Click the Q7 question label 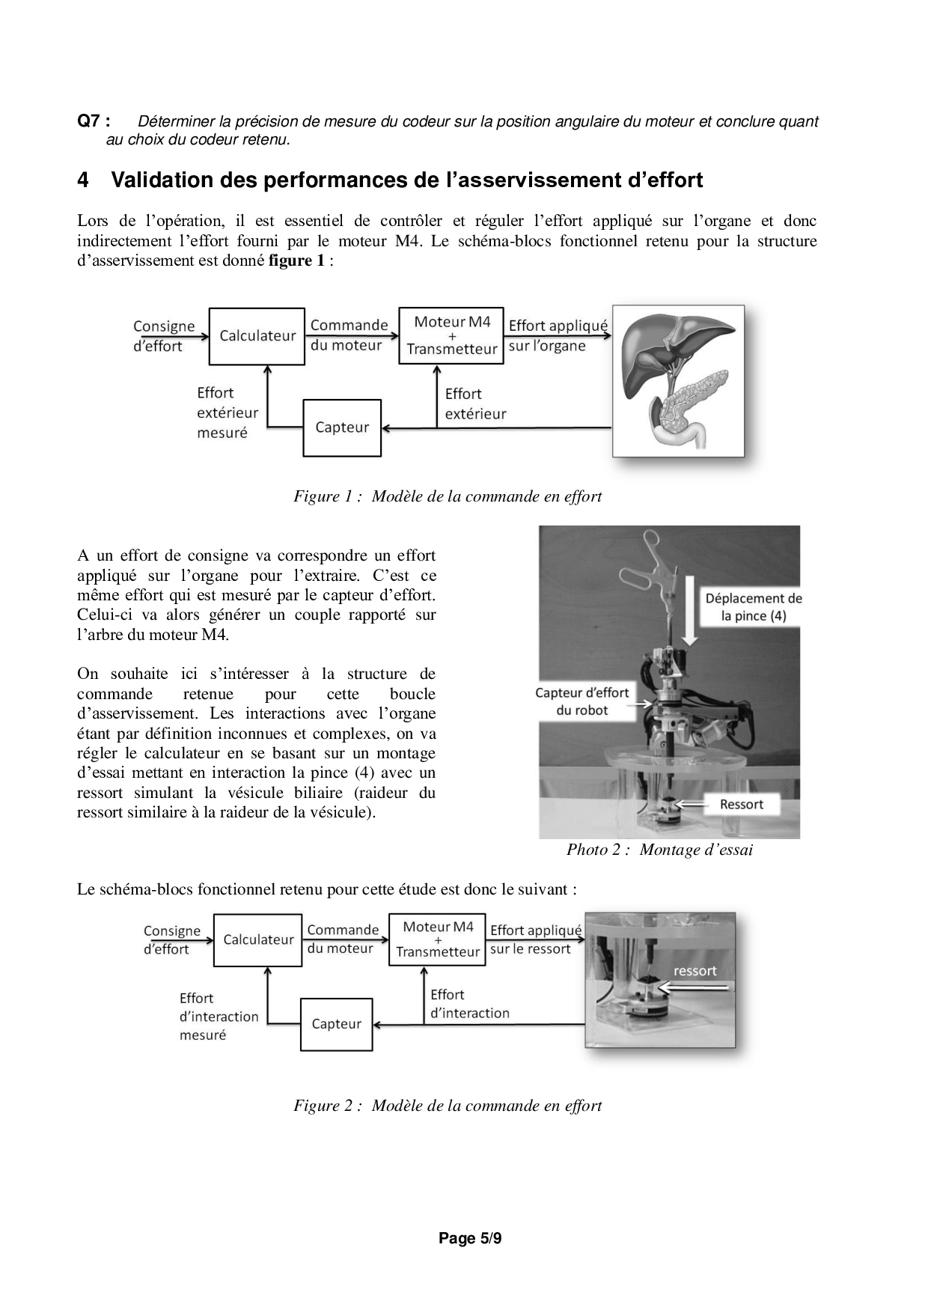coord(94,121)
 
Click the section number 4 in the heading coord(83,180)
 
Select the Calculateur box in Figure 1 coord(257,336)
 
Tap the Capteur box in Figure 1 coord(342,427)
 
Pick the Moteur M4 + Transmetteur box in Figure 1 coord(451,335)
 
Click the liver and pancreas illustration coord(678,381)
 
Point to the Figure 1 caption coord(448,496)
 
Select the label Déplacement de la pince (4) coord(753,607)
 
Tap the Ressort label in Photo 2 coord(741,805)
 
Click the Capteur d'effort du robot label coord(581,701)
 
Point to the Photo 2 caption coord(659,850)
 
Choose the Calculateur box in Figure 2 coord(258,940)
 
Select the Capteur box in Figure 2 coord(336,1024)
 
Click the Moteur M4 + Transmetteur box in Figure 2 coord(437,939)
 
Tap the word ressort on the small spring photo coord(695,971)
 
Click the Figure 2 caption coord(448,1106)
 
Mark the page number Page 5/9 coord(470,1238)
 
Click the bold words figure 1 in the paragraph coord(296,261)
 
